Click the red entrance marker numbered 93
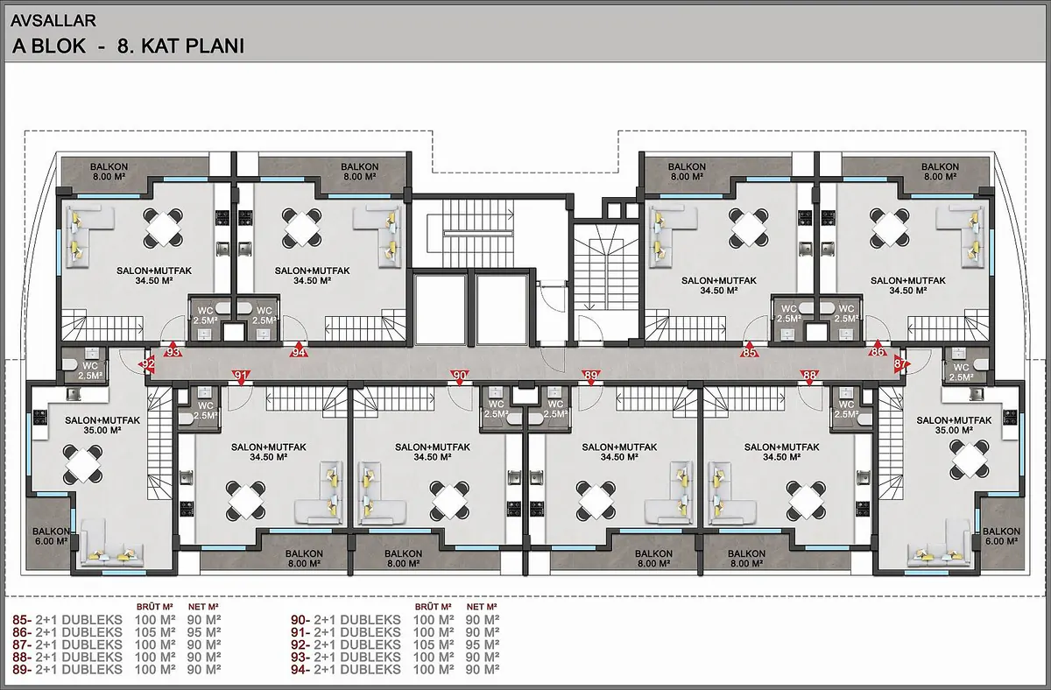click(173, 350)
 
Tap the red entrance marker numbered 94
click(299, 350)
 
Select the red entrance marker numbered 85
click(749, 350)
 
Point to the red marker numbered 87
click(901, 364)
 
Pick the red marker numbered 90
click(460, 377)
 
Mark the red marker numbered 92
click(148, 364)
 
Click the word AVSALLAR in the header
click(53, 21)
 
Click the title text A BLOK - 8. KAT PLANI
click(128, 46)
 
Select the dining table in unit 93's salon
click(163, 228)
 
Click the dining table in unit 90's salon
click(449, 501)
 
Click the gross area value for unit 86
click(155, 632)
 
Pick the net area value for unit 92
click(483, 644)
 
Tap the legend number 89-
click(22, 669)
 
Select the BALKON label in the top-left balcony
click(109, 166)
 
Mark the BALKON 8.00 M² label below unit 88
click(746, 558)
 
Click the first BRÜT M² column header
click(155, 607)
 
